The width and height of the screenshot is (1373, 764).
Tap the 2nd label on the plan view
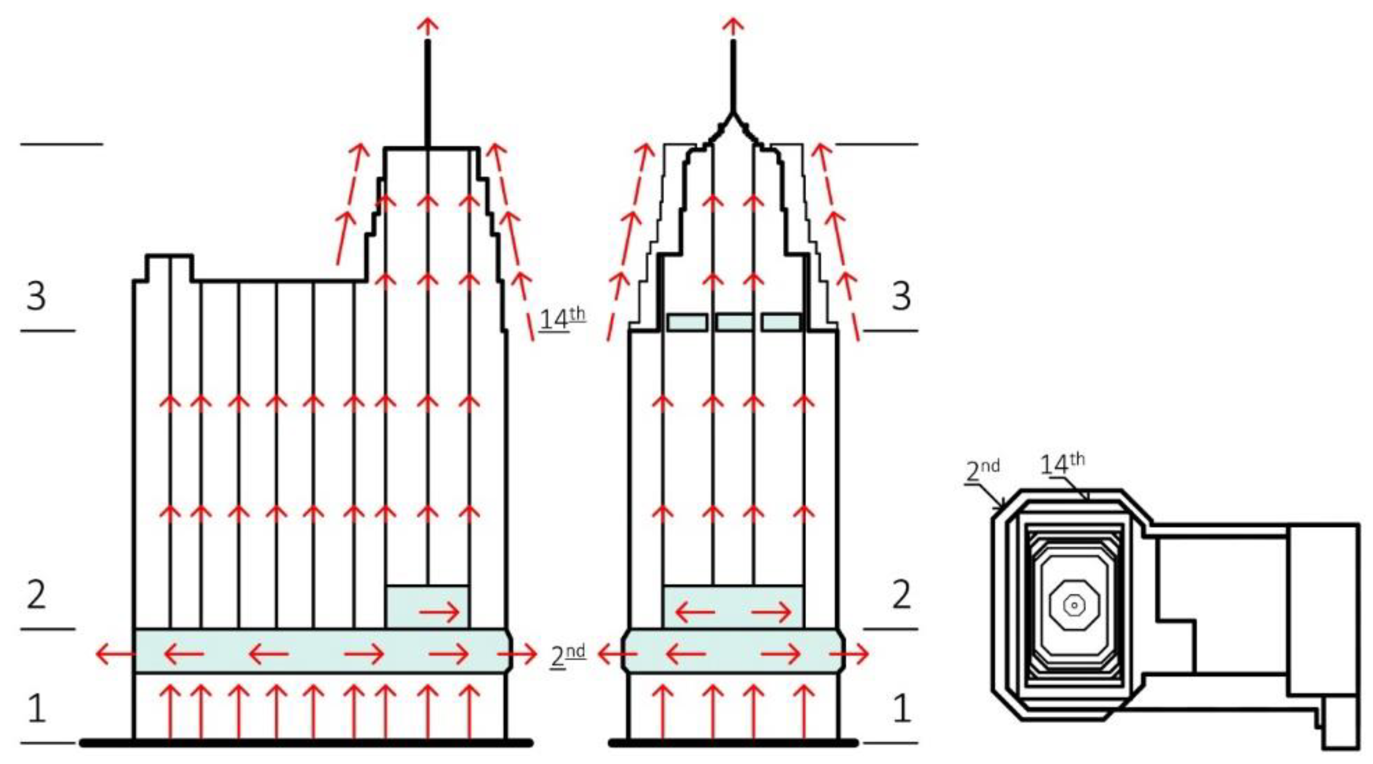coord(982,470)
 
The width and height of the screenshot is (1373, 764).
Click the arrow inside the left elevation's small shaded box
coord(439,612)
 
